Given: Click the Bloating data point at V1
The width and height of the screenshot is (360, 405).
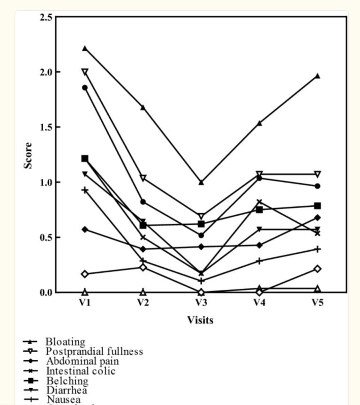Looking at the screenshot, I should (x=84, y=48).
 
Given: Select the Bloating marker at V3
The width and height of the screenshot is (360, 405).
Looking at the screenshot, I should (x=201, y=182).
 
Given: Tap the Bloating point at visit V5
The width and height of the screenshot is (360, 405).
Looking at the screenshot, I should (x=317, y=76).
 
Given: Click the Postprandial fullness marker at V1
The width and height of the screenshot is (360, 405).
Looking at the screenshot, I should (x=84, y=72).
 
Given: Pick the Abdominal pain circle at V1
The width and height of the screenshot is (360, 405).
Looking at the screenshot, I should (x=84, y=88).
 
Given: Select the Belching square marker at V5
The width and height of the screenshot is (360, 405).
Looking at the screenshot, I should (x=317, y=206).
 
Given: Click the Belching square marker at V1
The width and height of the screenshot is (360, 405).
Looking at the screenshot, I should (x=84, y=158).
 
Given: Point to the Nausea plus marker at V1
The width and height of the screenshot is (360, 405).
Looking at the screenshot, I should (x=84, y=190).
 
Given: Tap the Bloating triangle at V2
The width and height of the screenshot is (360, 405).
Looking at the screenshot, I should (x=142, y=107).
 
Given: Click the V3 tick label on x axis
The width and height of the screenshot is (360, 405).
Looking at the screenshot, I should (x=201, y=303).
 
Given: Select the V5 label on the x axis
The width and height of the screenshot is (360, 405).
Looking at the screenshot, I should (x=317, y=303).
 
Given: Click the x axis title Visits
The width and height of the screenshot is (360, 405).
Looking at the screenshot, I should (x=200, y=320).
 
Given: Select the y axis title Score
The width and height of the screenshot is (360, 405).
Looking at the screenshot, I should (x=29, y=156).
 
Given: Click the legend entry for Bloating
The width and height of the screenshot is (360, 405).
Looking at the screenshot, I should (x=65, y=342).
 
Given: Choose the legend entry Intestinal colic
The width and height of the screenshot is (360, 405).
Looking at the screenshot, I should (x=80, y=371).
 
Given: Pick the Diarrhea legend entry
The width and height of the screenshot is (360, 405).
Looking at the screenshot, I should (x=66, y=390).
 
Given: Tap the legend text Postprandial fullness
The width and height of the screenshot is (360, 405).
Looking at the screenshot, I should (x=94, y=352).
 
